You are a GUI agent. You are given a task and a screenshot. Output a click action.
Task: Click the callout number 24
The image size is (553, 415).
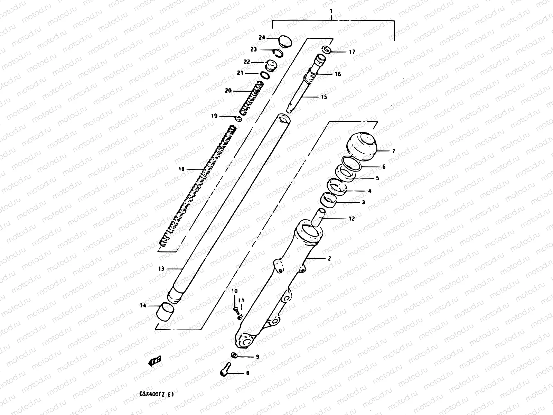[x=262, y=38]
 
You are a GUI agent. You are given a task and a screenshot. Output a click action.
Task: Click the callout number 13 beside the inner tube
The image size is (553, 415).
[x=161, y=269]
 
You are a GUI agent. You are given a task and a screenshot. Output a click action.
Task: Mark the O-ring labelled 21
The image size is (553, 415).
[x=265, y=75]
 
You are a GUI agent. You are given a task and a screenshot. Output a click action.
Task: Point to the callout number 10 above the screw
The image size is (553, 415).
[x=234, y=291]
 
